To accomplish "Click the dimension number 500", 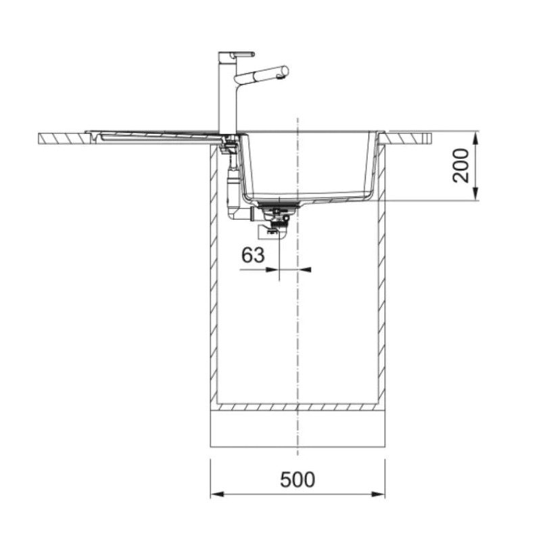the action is point(298,479).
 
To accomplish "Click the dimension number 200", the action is point(461,166).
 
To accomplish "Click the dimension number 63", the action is point(253,255).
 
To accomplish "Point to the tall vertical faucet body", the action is point(227,93).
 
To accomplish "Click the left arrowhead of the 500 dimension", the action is point(217,494).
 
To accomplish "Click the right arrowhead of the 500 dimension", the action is point(378,494).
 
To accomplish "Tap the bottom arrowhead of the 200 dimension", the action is point(475,193).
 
